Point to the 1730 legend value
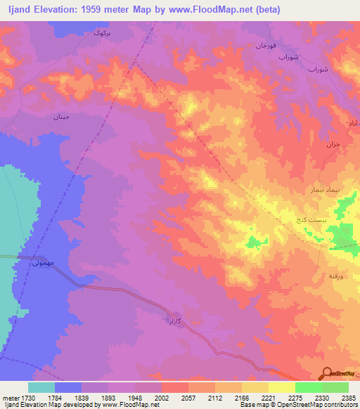point(27,397)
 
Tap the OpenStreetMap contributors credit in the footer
point(308,405)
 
